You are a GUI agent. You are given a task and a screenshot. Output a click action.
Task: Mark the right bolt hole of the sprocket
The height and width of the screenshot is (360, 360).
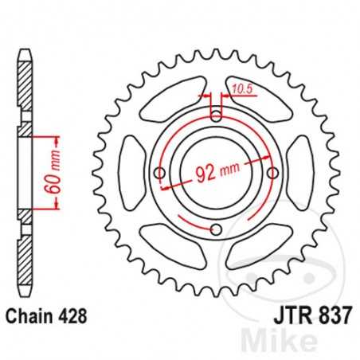(x=273, y=173)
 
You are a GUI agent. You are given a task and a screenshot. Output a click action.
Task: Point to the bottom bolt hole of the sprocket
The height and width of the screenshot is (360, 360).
(x=217, y=230)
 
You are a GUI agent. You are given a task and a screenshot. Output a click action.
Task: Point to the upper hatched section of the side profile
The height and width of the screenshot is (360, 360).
(x=25, y=88)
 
